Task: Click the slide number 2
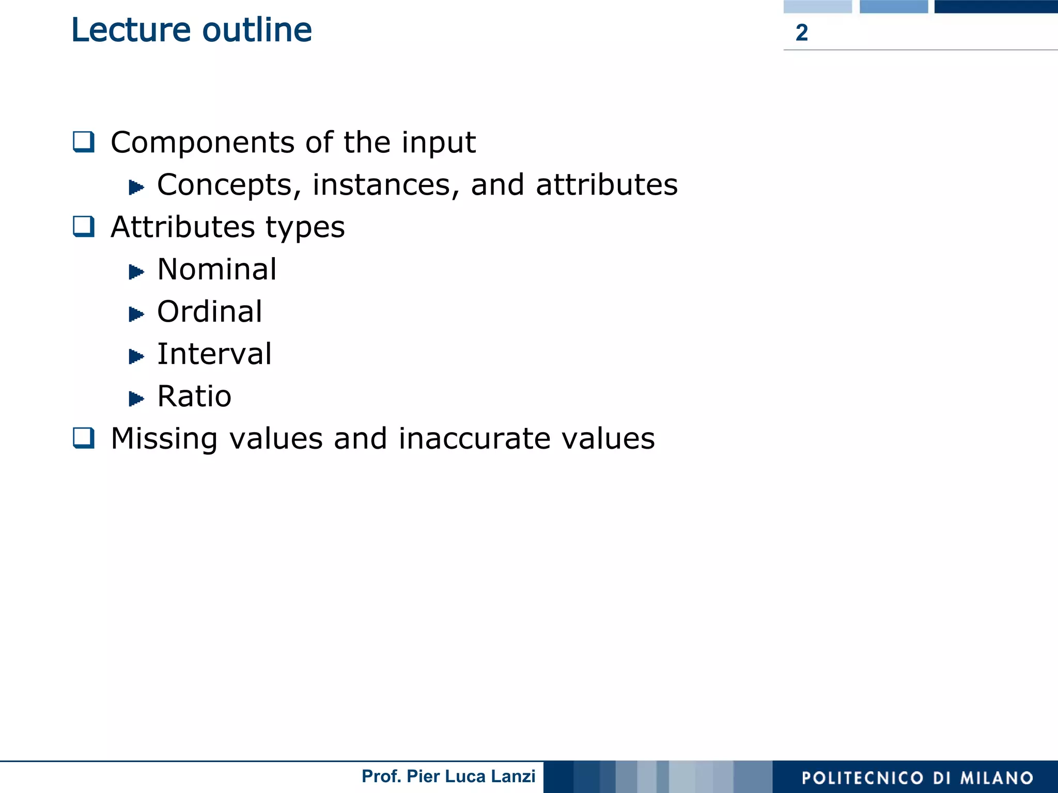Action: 801,33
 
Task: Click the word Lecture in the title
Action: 131,30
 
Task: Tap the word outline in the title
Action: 257,30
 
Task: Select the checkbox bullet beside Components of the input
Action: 84,141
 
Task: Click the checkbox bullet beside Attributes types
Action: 84,226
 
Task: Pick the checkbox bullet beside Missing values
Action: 84,438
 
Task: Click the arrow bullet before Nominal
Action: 136,272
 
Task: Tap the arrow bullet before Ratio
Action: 136,399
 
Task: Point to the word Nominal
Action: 217,269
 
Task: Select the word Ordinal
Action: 210,311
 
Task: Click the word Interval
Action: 214,354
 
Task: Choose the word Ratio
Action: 194,396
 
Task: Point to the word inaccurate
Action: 474,438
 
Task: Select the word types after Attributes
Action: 305,228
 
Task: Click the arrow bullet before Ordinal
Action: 136,314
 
